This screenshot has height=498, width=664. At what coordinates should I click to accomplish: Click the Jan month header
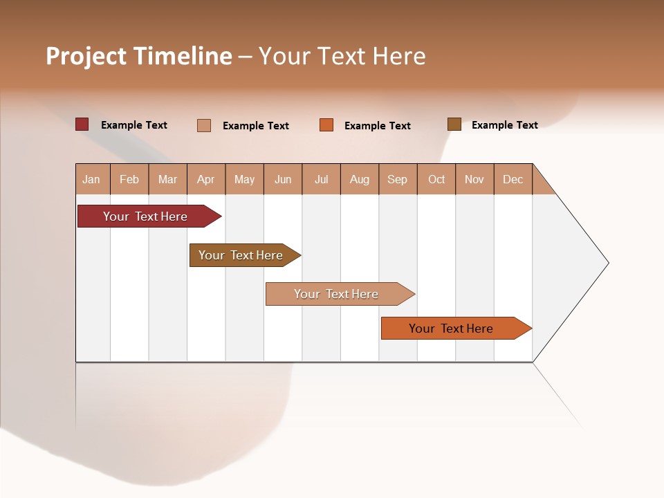(91, 180)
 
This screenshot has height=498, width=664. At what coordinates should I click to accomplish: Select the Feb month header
(129, 180)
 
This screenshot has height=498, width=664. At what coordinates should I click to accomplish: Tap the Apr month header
(205, 180)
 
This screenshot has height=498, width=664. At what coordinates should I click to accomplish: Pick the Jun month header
(283, 180)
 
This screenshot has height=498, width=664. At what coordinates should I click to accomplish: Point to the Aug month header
(359, 180)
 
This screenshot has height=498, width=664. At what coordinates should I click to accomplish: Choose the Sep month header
(397, 180)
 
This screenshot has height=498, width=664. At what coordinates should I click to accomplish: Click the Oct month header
(436, 180)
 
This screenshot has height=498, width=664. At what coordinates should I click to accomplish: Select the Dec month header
(513, 180)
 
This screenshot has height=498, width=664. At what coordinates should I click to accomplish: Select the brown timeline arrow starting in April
(242, 255)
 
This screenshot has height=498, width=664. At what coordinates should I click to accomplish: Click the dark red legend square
(82, 124)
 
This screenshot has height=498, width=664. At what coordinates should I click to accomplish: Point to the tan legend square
(204, 125)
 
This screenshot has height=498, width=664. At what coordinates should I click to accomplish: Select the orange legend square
(326, 125)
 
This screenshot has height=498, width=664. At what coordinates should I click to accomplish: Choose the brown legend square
(454, 124)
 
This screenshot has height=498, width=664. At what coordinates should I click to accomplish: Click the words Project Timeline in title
(139, 56)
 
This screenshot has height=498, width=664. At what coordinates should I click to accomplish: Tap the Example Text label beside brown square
(504, 125)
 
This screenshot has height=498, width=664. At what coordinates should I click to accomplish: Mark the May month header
(244, 180)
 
